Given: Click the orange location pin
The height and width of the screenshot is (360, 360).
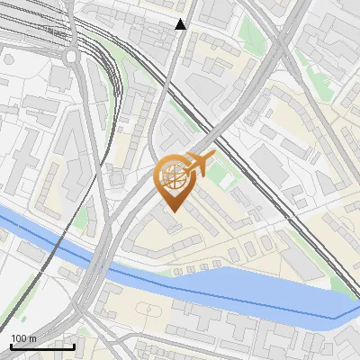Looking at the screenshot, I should pyautogui.click(x=175, y=180).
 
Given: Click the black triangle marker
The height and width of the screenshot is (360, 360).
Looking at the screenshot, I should pyautogui.click(x=181, y=24).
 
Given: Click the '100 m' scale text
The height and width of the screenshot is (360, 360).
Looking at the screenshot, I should pyautogui.click(x=23, y=338).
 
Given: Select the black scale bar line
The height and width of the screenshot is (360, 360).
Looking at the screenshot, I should pyautogui.click(x=41, y=346).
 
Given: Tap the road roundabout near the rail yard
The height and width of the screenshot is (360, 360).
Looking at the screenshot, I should pyautogui.click(x=71, y=56).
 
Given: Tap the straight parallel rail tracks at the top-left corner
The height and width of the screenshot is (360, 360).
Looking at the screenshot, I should pyautogui.click(x=27, y=18).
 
